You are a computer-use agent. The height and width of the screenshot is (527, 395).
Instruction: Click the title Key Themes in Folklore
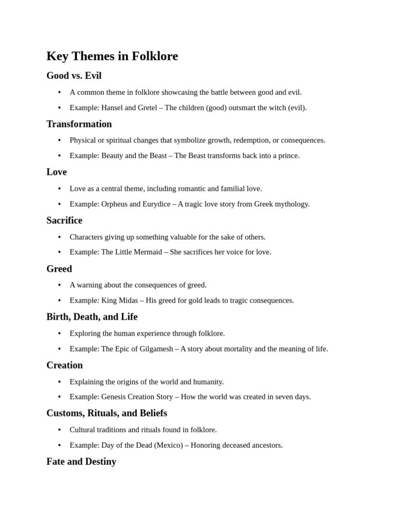coord(112,56)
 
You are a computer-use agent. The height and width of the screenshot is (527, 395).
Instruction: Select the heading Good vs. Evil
coord(74,76)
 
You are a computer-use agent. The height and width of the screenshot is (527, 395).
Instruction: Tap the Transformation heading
coord(79,124)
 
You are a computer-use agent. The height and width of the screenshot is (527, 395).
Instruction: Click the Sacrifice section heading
coord(64,220)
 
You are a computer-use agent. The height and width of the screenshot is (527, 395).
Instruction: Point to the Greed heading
coord(59,269)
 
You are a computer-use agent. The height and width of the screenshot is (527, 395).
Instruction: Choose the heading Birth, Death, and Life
coord(92,317)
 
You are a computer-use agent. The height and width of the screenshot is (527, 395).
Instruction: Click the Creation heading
coord(65,365)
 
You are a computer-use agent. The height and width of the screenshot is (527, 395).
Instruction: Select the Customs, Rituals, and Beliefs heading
coord(106,413)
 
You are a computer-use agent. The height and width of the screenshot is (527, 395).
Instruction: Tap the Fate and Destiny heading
coord(81,462)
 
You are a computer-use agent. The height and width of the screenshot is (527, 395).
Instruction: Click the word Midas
coord(128,301)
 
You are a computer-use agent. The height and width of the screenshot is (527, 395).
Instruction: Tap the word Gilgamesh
coord(156,349)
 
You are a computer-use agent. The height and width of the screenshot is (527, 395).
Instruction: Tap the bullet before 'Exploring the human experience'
coord(59,333)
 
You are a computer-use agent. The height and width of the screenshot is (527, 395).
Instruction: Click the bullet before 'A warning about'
coord(59,285)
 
